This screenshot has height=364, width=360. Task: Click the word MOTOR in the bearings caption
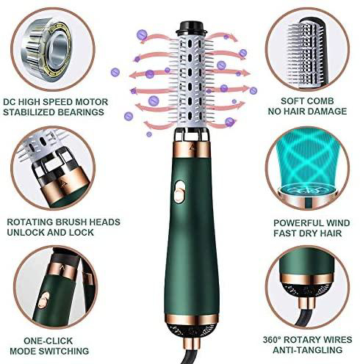92,102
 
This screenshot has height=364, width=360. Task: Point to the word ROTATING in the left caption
30,222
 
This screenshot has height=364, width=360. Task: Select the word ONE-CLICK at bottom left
48,341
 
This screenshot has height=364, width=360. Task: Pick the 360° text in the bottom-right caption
272,340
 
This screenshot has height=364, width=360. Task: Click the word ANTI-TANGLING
307,350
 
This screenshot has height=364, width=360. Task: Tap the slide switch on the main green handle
179,192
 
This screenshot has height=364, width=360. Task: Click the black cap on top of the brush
192,28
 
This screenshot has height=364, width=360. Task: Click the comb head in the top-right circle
307,54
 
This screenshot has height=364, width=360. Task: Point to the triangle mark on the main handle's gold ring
192,147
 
